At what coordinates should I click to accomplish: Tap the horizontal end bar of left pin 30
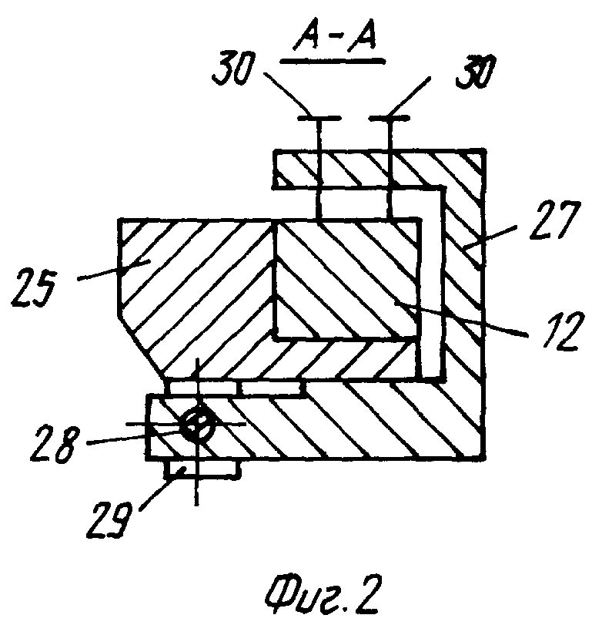pyautogui.click(x=316, y=119)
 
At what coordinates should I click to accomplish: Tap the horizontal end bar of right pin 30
pyautogui.click(x=390, y=119)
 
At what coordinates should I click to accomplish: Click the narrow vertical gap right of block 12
pyautogui.click(x=431, y=285)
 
